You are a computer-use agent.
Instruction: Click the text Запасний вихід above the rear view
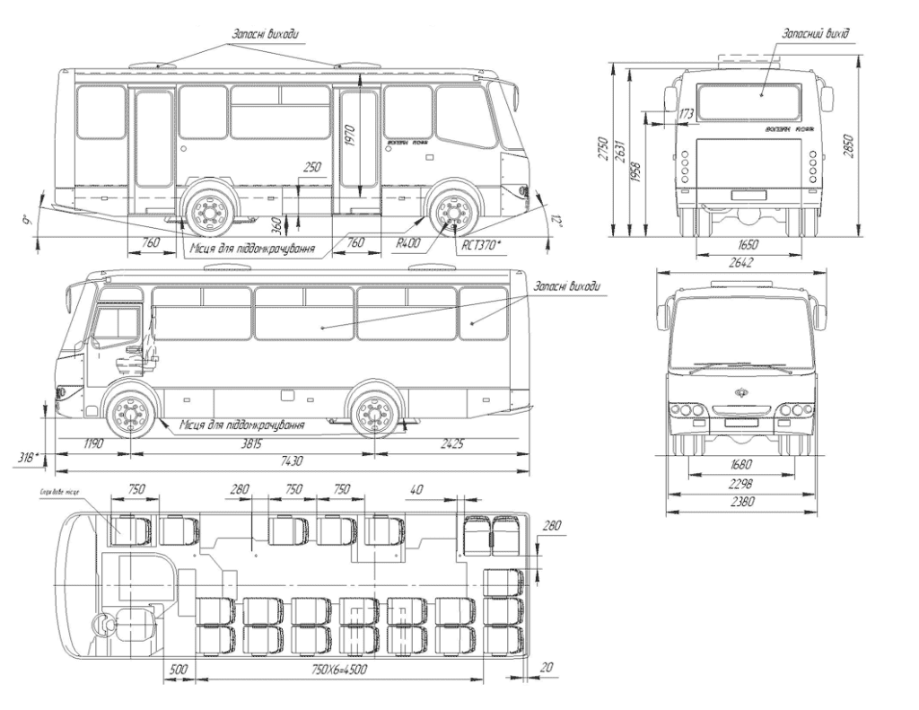click(x=817, y=33)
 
